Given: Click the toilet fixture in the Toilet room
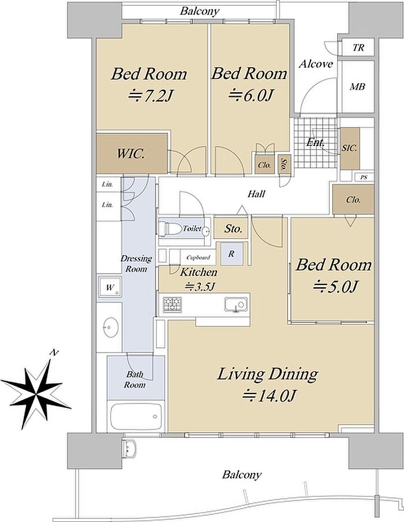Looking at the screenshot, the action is point(167,229).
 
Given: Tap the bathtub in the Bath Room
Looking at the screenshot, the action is point(136,416).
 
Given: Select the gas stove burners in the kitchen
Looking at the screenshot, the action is point(172,304).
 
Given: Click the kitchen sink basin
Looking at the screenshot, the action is point(236,305).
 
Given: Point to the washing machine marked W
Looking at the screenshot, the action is point(110,287).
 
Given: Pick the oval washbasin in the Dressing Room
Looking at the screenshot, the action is point(110,327).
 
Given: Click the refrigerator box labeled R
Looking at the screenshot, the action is point(231,254).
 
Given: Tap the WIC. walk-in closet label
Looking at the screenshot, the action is point(130,154).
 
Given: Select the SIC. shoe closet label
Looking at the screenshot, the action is point(349,148).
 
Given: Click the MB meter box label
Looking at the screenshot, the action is point(357,87).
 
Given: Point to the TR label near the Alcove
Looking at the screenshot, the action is point(358,48).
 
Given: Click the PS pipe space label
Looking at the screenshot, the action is point(364,178).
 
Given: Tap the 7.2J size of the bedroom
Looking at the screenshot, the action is point(151,96).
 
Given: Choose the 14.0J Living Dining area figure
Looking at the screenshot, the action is point(270,396).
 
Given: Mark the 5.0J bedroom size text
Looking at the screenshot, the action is point(336,287).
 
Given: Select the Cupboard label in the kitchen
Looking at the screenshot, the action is point(198,257).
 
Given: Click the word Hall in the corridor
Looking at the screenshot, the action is point(256,194).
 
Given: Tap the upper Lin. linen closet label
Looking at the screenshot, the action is point(107,184).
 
